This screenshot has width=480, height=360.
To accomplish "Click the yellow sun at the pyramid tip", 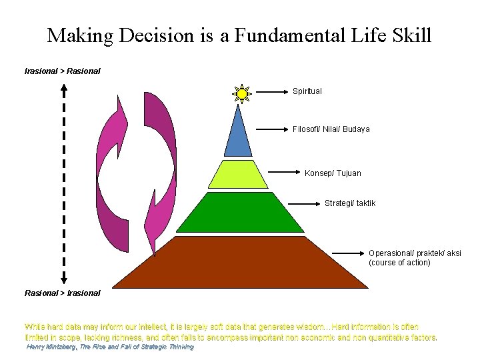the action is pyautogui.click(x=241, y=94).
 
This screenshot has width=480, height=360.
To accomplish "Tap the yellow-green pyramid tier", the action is pyautogui.click(x=237, y=175).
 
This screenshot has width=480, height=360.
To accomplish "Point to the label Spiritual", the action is pyautogui.click(x=307, y=91).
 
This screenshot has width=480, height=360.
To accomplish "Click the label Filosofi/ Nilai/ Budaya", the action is pyautogui.click(x=331, y=129).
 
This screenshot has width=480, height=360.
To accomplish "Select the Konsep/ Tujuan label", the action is pyautogui.click(x=333, y=173).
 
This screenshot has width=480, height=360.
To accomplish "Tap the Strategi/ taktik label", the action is pyautogui.click(x=349, y=203).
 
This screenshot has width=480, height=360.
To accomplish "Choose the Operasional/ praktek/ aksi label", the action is pyautogui.click(x=414, y=253).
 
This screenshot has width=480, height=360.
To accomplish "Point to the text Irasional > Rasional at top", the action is pyautogui.click(x=62, y=71).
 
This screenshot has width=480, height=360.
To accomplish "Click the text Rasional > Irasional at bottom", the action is pyautogui.click(x=62, y=293).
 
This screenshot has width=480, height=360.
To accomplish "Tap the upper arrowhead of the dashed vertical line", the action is pyautogui.click(x=63, y=86).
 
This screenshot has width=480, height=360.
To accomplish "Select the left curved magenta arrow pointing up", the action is pyautogui.click(x=111, y=173).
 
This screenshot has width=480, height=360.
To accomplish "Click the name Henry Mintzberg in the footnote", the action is pyautogui.click(x=51, y=347).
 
